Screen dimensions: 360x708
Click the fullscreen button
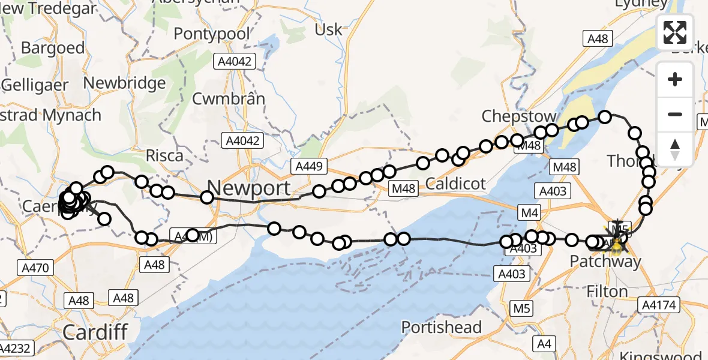pyautogui.click(x=675, y=32)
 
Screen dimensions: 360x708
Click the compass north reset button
pyautogui.click(x=675, y=149)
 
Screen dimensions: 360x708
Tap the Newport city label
pyautogui.click(x=248, y=188)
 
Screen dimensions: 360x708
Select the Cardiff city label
pyautogui.click(x=95, y=331)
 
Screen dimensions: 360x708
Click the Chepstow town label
pyautogui.click(x=519, y=116)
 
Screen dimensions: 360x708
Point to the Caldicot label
pyautogui.click(x=455, y=183)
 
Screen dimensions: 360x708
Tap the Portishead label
pyautogui.click(x=442, y=328)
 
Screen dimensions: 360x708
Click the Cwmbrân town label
pyautogui.click(x=229, y=98)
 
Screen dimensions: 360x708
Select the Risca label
pyautogui.click(x=165, y=156)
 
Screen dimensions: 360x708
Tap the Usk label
pyautogui.click(x=328, y=29)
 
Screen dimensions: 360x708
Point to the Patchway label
pyautogui.click(x=605, y=262)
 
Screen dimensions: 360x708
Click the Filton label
pyautogui.click(x=608, y=292)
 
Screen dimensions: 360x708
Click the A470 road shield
pyautogui.click(x=36, y=268)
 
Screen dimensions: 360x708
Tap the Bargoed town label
pyautogui.click(x=45, y=47)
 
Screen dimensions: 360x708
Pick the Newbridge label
pyautogui.click(x=125, y=83)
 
